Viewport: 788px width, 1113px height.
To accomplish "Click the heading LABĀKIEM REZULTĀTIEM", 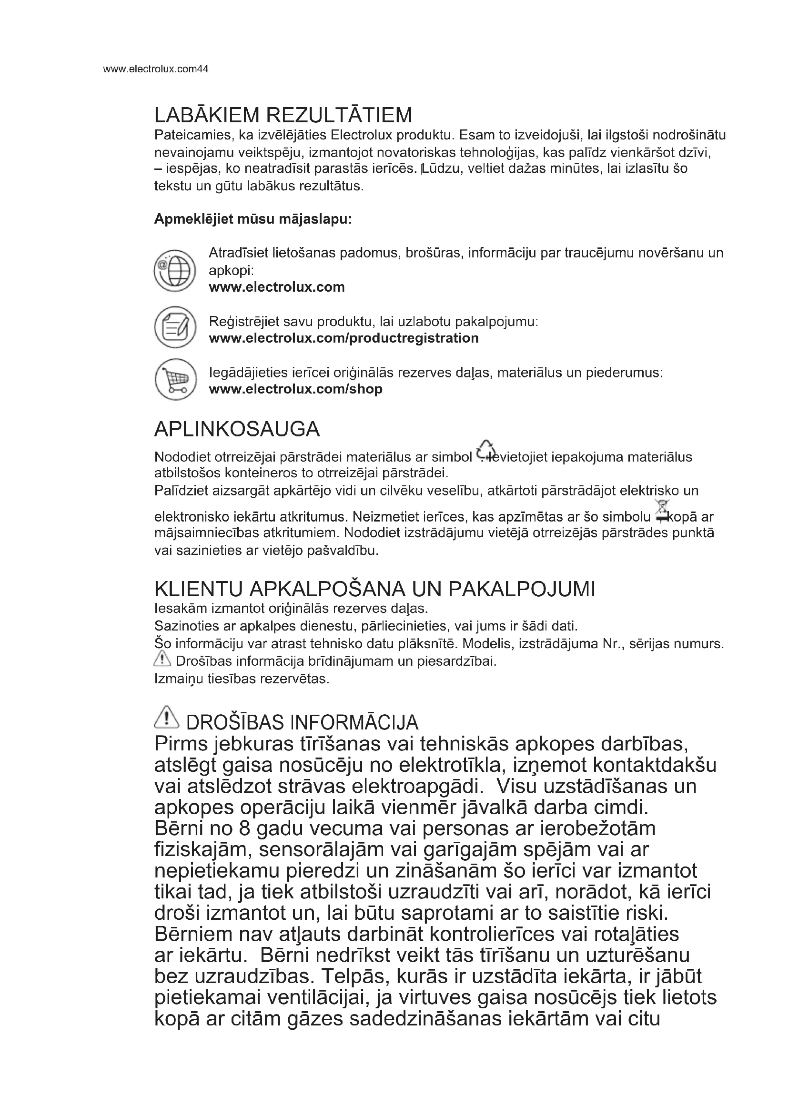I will click(283, 115).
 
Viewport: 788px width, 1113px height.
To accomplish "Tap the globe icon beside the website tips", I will click(174, 270).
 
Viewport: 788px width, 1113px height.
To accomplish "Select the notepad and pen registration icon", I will click(175, 328).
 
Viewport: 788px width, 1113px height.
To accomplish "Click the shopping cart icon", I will click(175, 380).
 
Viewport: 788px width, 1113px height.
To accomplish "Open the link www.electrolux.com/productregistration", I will click(343, 338).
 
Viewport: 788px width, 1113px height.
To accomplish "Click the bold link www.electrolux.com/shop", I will click(295, 389).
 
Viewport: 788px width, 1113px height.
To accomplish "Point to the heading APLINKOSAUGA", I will click(237, 429).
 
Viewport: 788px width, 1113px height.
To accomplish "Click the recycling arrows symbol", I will click(485, 450).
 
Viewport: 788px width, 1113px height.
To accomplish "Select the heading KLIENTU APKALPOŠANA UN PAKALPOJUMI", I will click(374, 589).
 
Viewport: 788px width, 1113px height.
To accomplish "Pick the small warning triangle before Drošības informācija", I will click(162, 659).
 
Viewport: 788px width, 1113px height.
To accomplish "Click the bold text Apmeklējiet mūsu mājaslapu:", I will click(253, 219).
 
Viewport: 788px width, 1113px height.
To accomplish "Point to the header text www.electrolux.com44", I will click(156, 69).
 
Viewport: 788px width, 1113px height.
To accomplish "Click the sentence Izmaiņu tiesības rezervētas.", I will click(242, 679).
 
